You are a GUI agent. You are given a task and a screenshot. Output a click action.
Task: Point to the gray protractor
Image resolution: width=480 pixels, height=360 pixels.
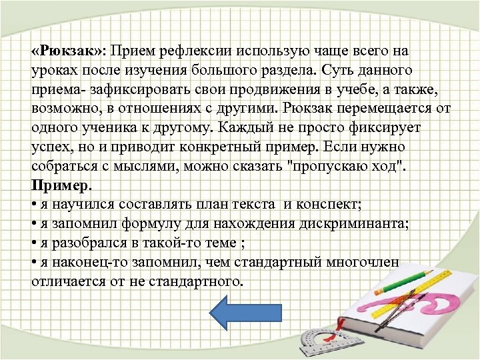317,341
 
